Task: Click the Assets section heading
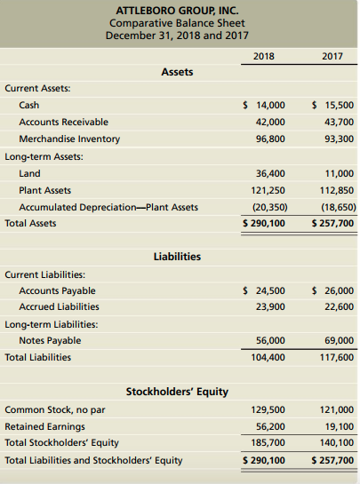coord(177,72)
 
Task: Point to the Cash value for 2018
coord(264,105)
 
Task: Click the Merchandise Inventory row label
coord(69,139)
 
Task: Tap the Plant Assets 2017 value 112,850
coord(336,190)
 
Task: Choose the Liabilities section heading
coord(177,257)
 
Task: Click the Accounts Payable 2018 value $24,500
coord(264,290)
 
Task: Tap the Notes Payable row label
coord(50,340)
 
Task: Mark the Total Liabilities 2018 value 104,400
coord(268,357)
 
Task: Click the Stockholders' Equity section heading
coord(177,391)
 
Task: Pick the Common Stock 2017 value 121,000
coord(336,409)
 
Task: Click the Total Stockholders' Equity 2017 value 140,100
coord(336,443)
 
